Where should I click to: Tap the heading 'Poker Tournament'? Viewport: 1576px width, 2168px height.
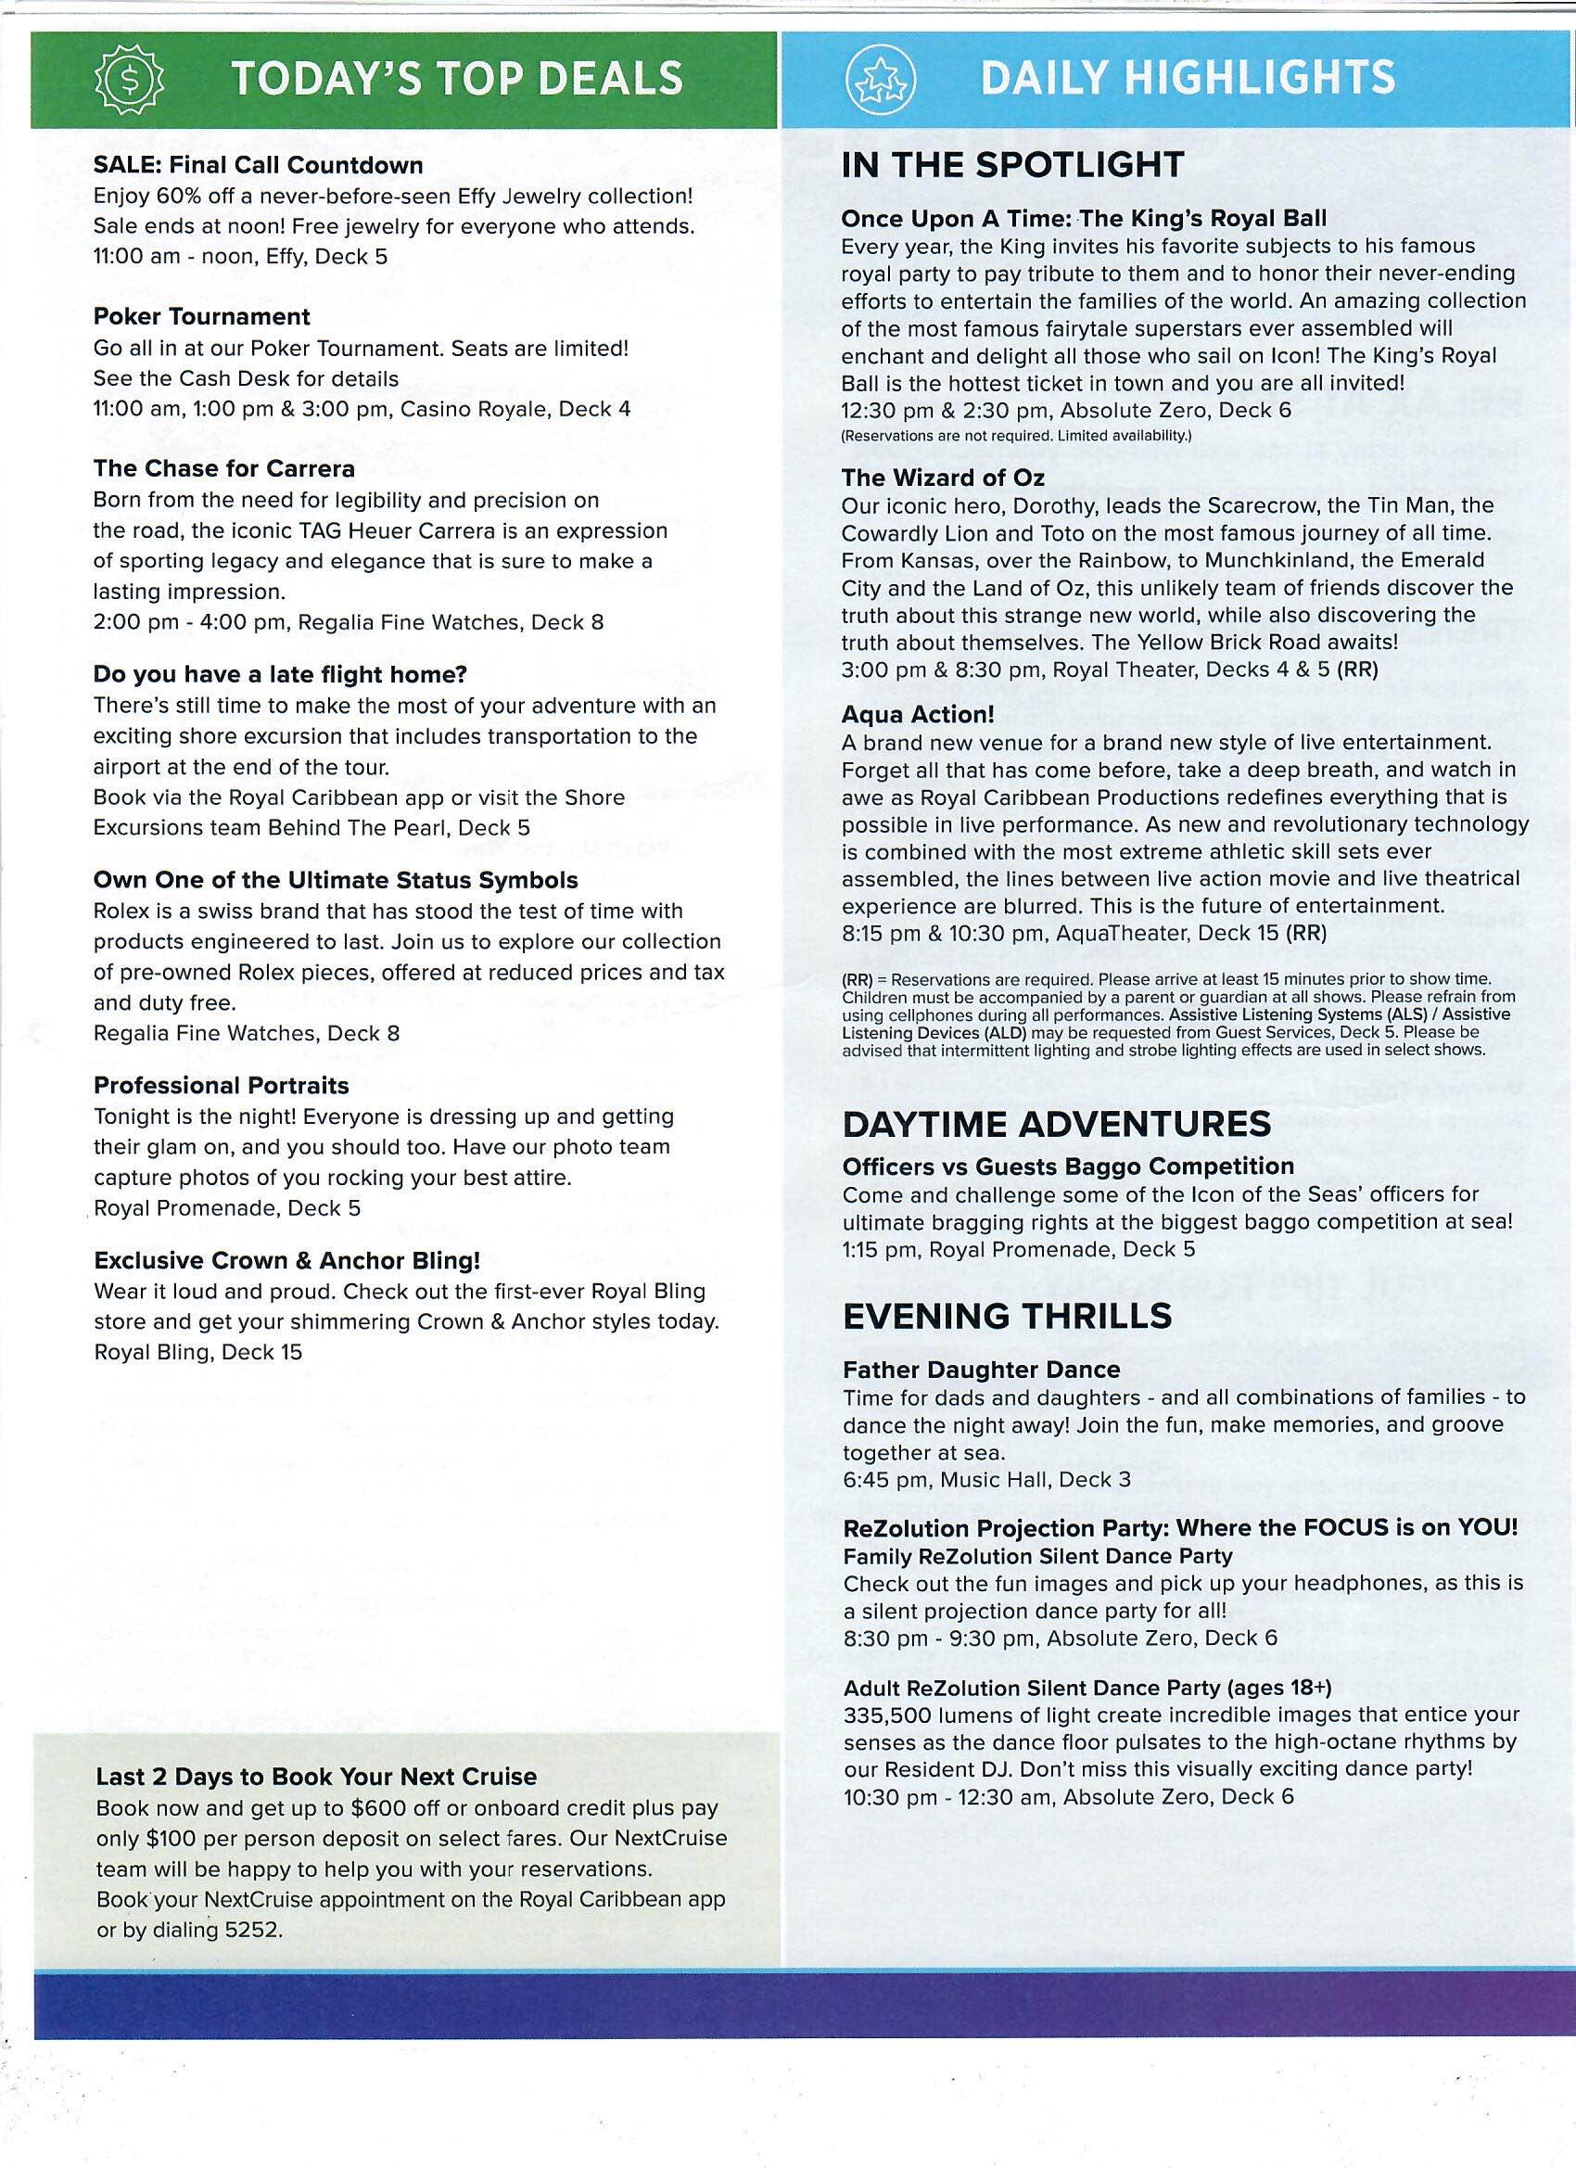point(202,316)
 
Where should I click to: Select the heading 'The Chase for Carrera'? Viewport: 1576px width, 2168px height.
point(223,468)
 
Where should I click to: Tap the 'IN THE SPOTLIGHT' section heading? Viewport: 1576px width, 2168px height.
point(1012,164)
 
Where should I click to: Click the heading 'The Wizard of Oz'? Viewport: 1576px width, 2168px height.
point(942,477)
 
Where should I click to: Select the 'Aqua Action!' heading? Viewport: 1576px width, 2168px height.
point(918,714)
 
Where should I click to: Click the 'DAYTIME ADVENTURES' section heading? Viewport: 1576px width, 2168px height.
point(1056,1124)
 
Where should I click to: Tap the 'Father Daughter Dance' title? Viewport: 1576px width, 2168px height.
point(967,1370)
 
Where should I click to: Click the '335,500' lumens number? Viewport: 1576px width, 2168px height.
point(886,1715)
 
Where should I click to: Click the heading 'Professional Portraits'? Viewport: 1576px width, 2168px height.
point(221,1085)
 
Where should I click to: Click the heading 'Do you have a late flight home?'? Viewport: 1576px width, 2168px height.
point(280,674)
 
